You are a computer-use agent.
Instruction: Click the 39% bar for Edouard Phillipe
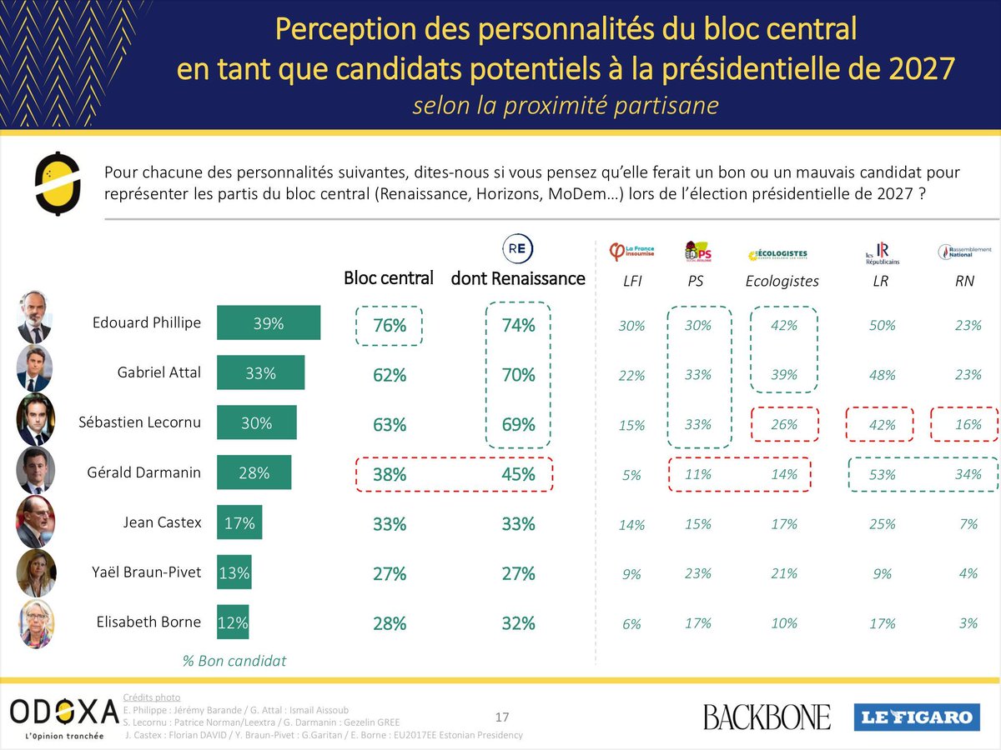point(268,323)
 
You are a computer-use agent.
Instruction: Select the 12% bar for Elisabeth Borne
point(233,622)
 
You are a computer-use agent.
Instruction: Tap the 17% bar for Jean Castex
point(239,523)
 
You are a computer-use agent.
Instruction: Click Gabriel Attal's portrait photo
point(34,368)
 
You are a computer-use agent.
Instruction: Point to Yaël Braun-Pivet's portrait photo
point(36,572)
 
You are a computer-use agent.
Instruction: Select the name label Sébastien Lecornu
point(147,422)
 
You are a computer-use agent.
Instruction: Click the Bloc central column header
point(389,278)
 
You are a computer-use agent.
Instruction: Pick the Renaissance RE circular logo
point(517,249)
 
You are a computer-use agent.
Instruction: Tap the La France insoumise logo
point(632,251)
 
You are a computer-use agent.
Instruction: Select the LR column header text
point(880,282)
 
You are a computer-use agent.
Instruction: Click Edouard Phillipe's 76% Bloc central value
point(390,326)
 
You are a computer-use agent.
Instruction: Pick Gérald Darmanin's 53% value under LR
point(881,474)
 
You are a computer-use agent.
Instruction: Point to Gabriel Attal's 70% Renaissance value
point(518,375)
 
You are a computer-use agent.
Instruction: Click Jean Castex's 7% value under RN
point(968,524)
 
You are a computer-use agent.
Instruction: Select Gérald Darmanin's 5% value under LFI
point(631,475)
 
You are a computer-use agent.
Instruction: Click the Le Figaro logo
point(914,717)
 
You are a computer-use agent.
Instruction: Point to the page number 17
point(502,717)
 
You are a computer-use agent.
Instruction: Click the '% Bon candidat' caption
point(234,661)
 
